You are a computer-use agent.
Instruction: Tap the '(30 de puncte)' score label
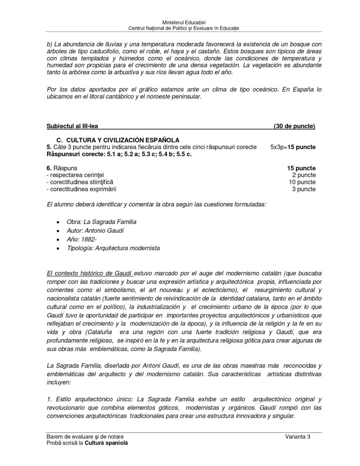pyautogui.click(x=294, y=126)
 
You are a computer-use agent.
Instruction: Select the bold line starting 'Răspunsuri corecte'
pyautogui.click(x=119, y=155)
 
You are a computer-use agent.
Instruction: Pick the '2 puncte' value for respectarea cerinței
pyautogui.click(x=304, y=175)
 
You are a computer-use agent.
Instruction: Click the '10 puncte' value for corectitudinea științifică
pyautogui.click(x=302, y=182)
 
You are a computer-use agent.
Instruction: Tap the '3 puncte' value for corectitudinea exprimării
pyautogui.click(x=304, y=189)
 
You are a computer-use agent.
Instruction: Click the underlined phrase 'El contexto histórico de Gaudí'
pyautogui.click(x=90, y=273)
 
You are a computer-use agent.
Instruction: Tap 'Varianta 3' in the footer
pyautogui.click(x=298, y=437)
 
